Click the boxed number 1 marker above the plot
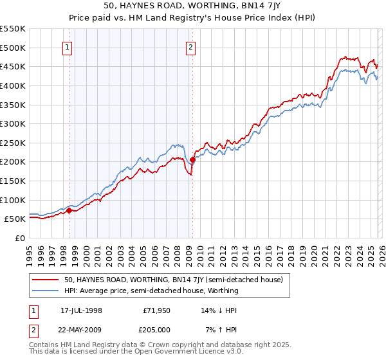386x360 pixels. pos(68,46)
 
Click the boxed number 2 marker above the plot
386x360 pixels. pos(192,46)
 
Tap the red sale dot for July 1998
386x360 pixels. pos(69,210)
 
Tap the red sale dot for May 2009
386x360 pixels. pos(192,160)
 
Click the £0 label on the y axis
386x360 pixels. pos(21,238)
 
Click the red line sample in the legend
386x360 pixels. pos(46,280)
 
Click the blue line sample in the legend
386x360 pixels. pos(46,291)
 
